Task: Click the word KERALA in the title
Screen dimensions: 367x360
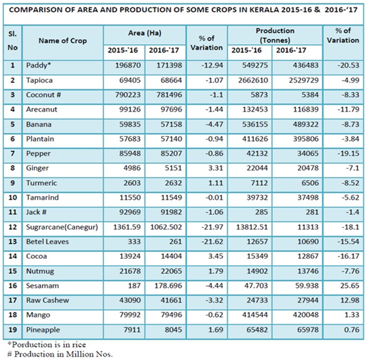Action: click(264, 9)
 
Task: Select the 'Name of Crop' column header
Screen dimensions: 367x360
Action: click(63, 40)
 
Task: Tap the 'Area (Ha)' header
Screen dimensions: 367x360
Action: click(144, 33)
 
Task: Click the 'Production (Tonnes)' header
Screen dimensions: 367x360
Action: click(275, 36)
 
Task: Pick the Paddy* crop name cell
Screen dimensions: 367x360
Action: click(38, 66)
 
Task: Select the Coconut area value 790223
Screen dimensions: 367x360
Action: click(128, 95)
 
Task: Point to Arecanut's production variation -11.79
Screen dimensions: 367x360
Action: click(348, 109)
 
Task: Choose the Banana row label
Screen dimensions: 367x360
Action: click(38, 124)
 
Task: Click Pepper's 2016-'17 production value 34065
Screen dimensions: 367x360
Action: click(308, 154)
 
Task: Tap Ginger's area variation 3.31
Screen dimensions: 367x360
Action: click(215, 168)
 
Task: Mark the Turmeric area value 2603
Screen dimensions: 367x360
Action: click(132, 183)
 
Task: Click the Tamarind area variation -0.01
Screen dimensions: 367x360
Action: click(214, 197)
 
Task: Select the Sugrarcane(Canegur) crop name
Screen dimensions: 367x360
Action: click(62, 227)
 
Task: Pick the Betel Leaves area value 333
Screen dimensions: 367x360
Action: click(134, 242)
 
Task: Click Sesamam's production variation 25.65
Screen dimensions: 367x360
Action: click(350, 286)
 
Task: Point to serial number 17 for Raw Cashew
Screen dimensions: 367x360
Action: click(13, 300)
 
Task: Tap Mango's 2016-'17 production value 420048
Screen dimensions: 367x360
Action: click(305, 315)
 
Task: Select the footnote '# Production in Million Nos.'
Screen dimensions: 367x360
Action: click(60, 354)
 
